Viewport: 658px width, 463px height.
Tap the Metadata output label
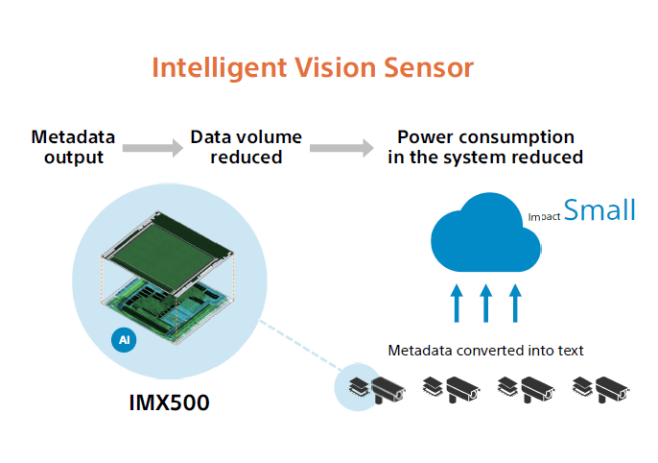(74, 147)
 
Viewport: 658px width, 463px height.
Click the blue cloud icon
(485, 231)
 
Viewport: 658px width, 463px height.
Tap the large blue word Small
(599, 210)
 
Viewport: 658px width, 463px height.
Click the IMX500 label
(169, 401)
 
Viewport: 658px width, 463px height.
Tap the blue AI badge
(122, 340)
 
